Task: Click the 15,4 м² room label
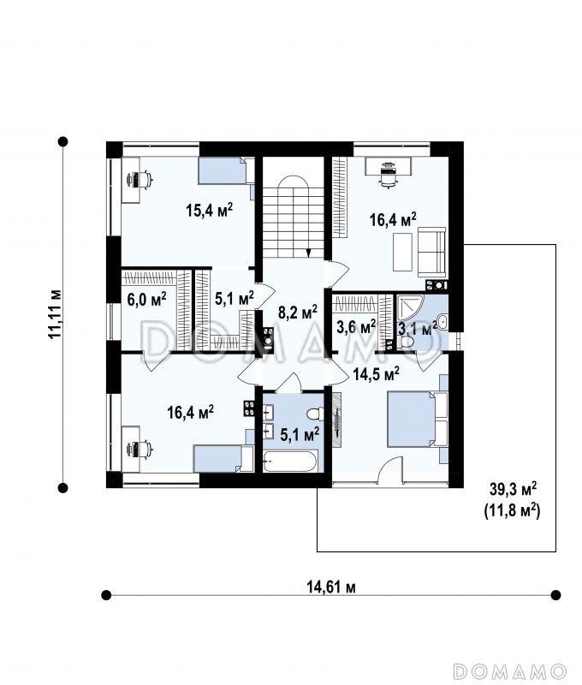[209, 210]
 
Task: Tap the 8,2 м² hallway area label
[298, 312]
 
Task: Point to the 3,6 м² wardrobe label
[356, 326]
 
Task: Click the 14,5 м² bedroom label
[377, 374]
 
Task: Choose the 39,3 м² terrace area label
[513, 489]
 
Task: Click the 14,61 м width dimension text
[331, 587]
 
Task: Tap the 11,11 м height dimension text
[55, 313]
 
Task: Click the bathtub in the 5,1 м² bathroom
[290, 461]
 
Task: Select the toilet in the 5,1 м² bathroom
[315, 414]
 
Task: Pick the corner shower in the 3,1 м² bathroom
[409, 308]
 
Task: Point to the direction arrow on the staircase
[309, 253]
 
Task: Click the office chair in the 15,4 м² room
[140, 179]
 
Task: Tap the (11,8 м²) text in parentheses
[512, 510]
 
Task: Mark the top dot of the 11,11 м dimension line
[63, 141]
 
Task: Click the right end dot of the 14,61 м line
[555, 595]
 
